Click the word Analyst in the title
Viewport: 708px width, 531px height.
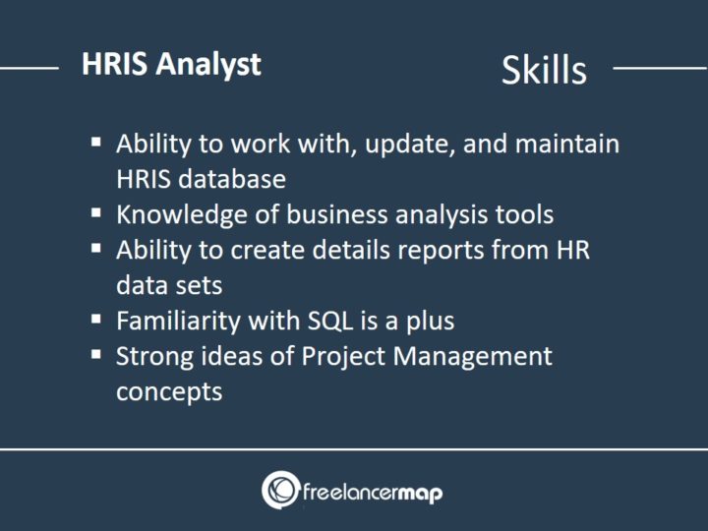tap(212, 65)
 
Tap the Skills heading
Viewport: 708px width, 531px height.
tap(544, 70)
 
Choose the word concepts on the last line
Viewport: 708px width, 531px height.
tap(169, 390)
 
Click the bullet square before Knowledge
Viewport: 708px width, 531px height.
tap(96, 212)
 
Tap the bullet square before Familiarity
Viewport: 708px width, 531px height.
tap(96, 319)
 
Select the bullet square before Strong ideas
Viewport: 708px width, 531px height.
tap(96, 354)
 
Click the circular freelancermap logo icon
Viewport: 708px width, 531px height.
tap(280, 490)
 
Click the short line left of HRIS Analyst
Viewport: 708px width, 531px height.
tap(29, 69)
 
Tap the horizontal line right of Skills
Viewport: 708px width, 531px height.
tap(659, 69)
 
